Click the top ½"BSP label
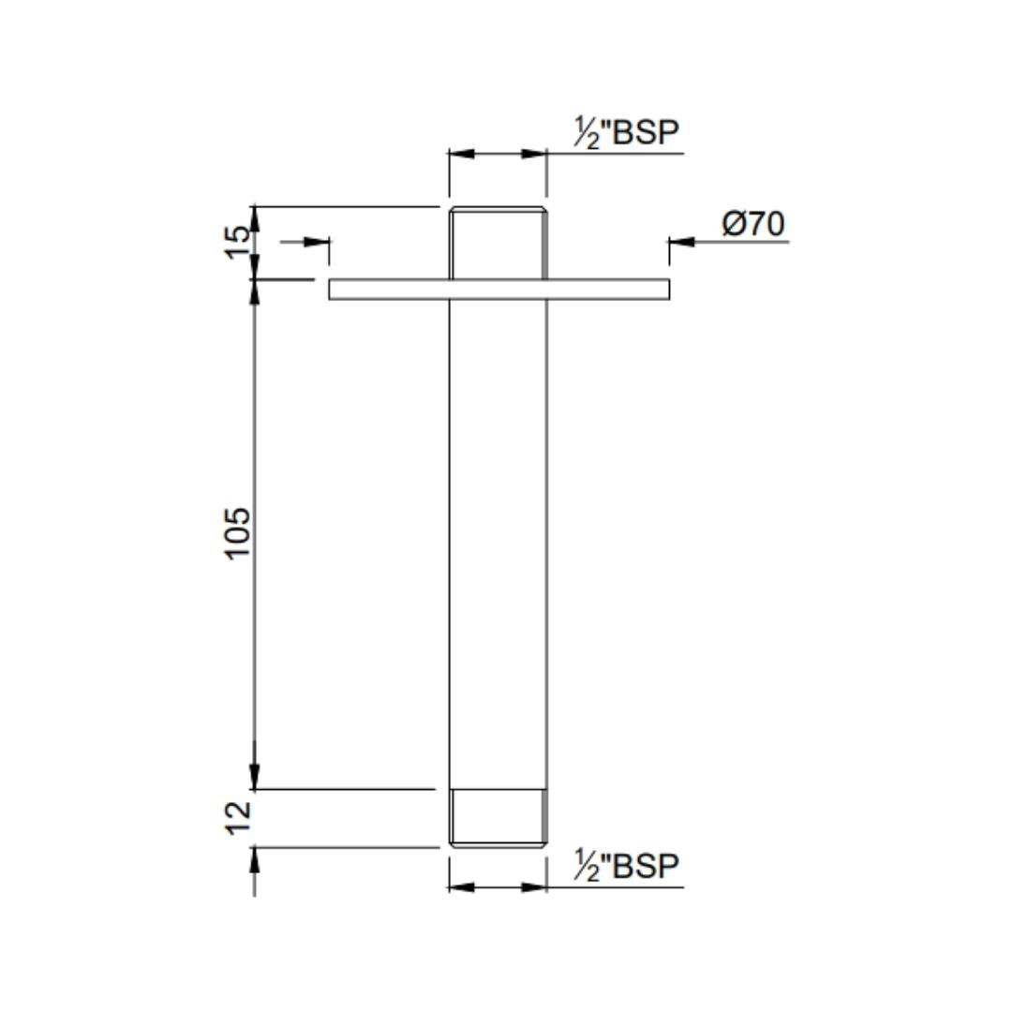tap(625, 133)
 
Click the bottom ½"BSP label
tap(625, 867)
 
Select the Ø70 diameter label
tap(753, 225)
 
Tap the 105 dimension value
tap(239, 532)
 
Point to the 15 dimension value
tap(239, 233)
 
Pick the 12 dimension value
tap(239, 816)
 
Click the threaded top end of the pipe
tap(498, 242)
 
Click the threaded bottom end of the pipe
tap(498, 818)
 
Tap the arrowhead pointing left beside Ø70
tap(681, 242)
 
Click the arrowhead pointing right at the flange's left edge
tap(318, 242)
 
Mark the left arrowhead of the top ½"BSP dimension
tap(460, 154)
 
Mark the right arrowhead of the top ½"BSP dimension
tap(535, 154)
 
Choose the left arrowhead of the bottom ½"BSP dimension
tap(460, 886)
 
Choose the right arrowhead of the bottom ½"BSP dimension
tap(535, 886)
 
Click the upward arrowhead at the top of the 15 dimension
tap(254, 217)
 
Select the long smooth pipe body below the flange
tap(498, 543)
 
